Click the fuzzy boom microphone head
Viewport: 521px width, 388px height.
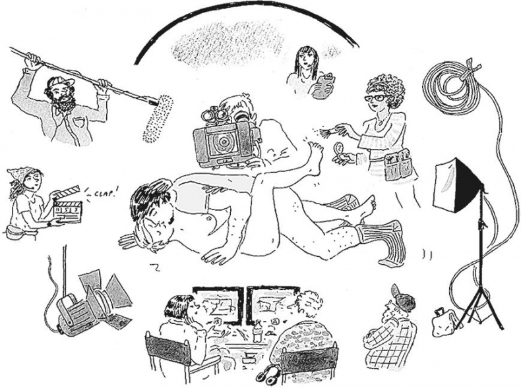click(x=158, y=119)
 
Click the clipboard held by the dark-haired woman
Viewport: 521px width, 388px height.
click(x=323, y=87)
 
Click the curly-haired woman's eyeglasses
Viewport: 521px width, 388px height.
click(x=377, y=98)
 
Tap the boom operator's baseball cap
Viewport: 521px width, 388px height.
click(x=61, y=81)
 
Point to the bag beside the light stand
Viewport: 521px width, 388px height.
click(x=444, y=321)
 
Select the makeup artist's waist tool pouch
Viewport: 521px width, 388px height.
click(x=398, y=165)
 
